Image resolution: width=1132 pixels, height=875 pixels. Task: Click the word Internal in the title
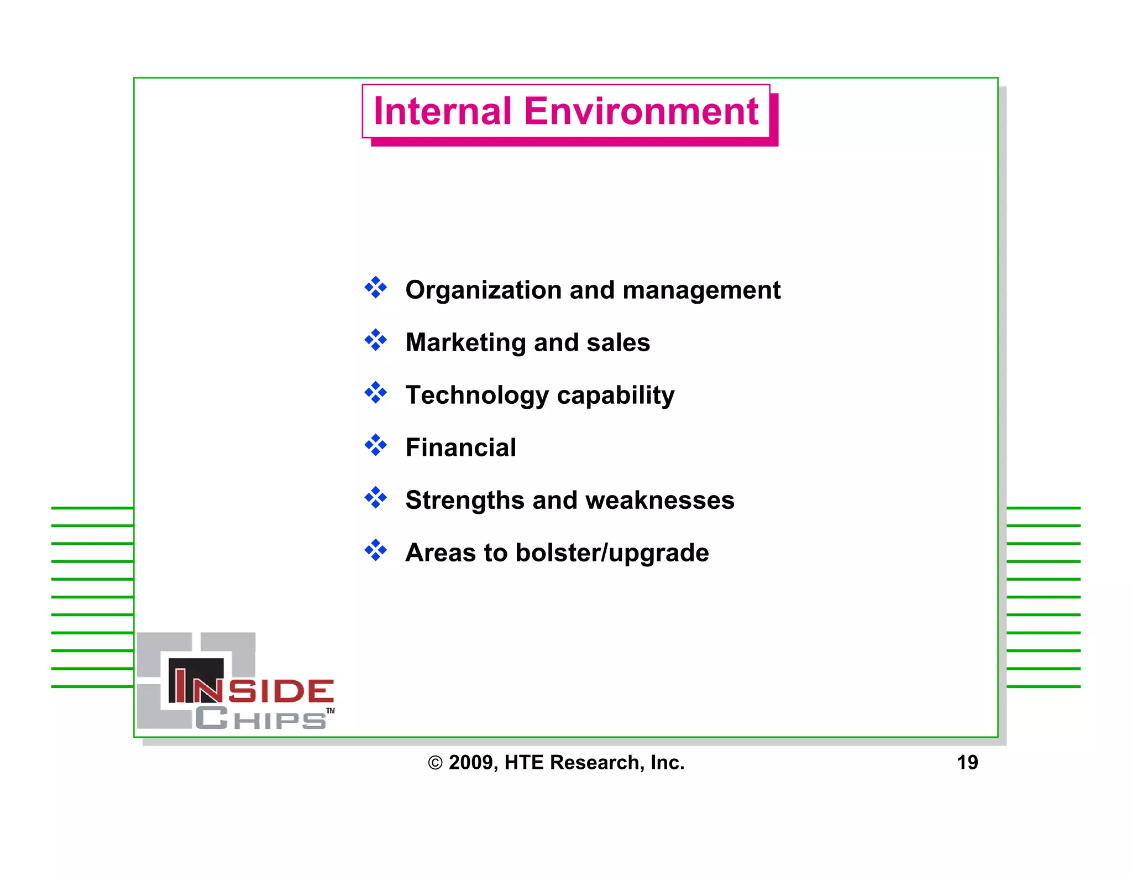(442, 111)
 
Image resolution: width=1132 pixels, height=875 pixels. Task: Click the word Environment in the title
(641, 111)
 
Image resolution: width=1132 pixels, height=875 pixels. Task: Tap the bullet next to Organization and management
(376, 288)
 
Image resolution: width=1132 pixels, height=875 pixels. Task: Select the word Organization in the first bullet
(483, 290)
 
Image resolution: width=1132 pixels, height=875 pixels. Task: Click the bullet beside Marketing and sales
(376, 340)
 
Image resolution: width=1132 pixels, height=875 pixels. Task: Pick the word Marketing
(465, 343)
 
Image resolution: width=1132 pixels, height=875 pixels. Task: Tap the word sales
(618, 343)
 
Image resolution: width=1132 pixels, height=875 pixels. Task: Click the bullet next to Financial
(376, 445)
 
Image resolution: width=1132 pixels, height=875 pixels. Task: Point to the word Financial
(460, 447)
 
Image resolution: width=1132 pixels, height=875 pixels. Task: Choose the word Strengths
(464, 501)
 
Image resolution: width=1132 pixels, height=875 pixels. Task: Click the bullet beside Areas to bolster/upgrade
(376, 550)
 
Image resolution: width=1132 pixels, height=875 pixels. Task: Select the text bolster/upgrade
(612, 553)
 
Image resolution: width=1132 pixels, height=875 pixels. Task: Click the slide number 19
(967, 763)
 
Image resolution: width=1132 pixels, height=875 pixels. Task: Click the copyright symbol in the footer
(435, 763)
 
